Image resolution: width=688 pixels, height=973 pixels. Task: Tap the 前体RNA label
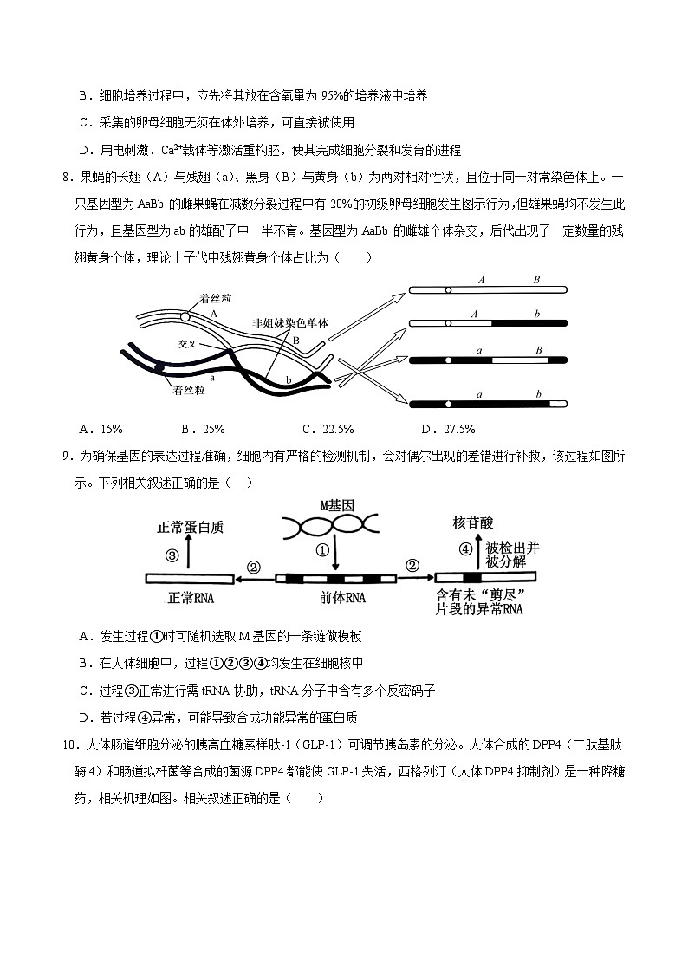click(343, 597)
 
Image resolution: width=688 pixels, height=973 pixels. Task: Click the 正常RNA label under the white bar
click(191, 597)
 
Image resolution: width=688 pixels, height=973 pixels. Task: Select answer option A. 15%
click(101, 428)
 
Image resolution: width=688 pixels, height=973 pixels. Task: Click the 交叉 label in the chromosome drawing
click(189, 343)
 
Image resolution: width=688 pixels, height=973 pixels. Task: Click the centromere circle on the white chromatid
click(185, 316)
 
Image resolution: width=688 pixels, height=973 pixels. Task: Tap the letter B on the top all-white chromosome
click(536, 280)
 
